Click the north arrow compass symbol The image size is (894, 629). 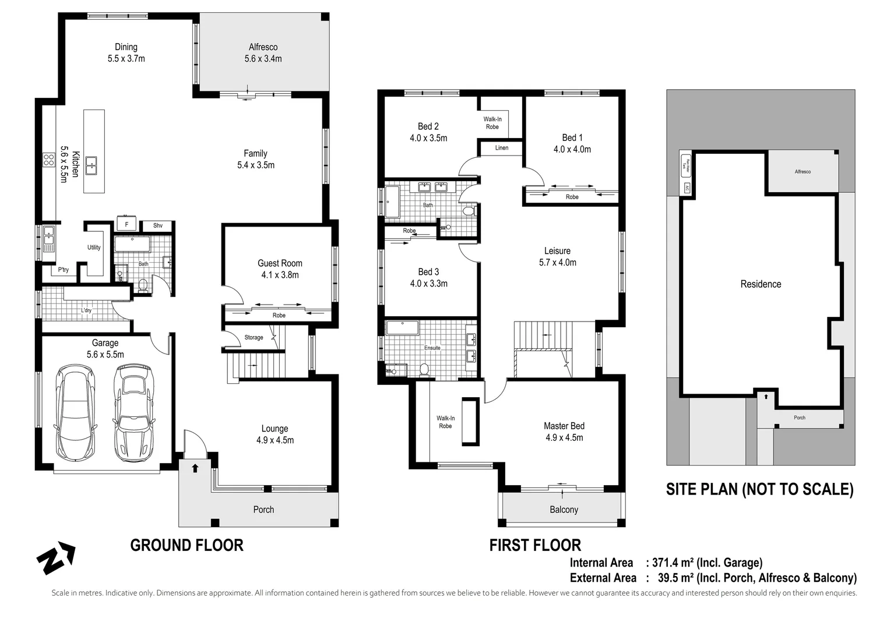[55, 558]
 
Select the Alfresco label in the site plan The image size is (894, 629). [803, 172]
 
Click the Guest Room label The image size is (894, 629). [280, 263]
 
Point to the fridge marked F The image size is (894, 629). [126, 225]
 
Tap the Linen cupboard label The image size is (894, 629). [502, 148]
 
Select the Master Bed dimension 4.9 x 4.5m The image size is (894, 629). [564, 438]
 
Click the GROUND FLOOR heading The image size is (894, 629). [186, 545]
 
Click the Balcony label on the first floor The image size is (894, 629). [564, 510]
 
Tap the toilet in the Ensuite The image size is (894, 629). [424, 369]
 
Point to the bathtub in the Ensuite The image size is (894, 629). [403, 327]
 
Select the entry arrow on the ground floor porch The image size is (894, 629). [195, 468]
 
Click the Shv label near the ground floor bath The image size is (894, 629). [158, 225]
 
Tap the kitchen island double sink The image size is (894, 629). [91, 166]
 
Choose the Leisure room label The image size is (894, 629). [557, 251]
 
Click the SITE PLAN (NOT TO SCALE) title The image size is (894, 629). [759, 489]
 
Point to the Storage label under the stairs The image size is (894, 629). [254, 337]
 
